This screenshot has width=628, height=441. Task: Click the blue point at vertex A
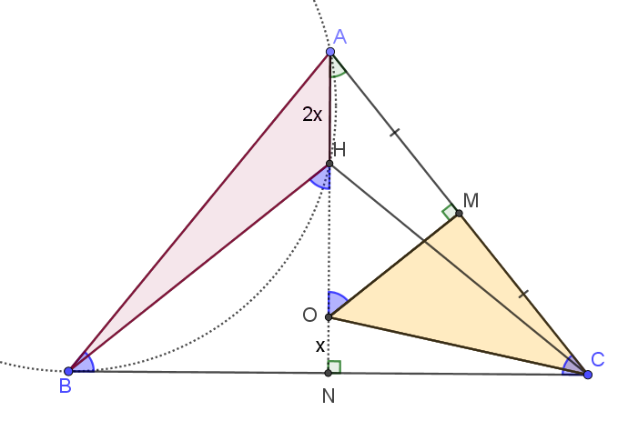(330, 52)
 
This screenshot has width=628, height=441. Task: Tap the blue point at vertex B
(68, 371)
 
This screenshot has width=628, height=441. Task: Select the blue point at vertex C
(588, 375)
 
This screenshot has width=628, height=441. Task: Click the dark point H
(329, 164)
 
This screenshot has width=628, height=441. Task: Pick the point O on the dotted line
(329, 317)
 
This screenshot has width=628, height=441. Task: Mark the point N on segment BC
(328, 373)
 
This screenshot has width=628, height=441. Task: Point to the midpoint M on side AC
(459, 214)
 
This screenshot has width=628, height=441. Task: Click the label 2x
(312, 115)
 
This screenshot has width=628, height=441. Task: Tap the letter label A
(339, 36)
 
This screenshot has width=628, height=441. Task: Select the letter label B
(66, 386)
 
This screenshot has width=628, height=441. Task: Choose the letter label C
(598, 359)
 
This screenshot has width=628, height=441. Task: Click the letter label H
(339, 150)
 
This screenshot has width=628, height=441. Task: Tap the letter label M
(471, 200)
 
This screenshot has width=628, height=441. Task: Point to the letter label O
(309, 316)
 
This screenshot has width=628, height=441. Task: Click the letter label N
(329, 396)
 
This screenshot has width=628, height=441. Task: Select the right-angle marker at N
(334, 367)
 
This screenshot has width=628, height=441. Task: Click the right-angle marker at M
(450, 211)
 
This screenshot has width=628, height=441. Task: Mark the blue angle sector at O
(337, 302)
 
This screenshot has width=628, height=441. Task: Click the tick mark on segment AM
(395, 133)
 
